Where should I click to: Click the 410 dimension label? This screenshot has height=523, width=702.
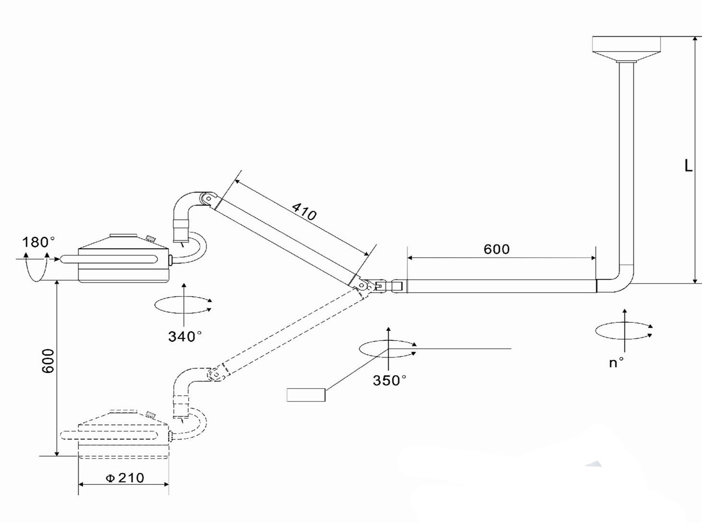[304, 211]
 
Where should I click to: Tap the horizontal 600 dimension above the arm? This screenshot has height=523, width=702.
[496, 249]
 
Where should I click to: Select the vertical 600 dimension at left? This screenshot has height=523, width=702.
[48, 360]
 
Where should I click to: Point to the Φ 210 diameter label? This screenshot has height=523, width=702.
[125, 478]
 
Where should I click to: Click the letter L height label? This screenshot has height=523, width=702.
[688, 166]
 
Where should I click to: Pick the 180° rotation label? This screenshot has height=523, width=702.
[38, 242]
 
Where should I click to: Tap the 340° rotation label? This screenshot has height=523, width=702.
[185, 337]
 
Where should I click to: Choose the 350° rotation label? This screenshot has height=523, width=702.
[389, 381]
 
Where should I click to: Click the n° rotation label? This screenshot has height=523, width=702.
[616, 363]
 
